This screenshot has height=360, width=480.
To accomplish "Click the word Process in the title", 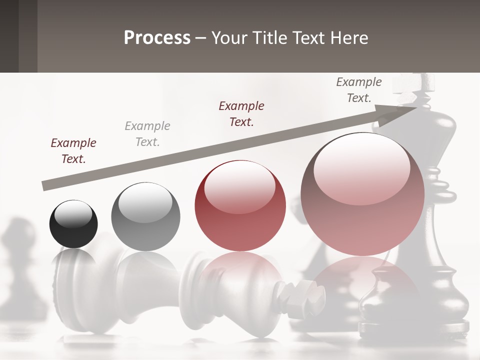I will [157, 37].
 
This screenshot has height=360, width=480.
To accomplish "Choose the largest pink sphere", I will [362, 195].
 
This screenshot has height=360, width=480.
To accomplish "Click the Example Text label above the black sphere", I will [73, 150].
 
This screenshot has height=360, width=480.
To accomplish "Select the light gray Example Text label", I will [147, 133].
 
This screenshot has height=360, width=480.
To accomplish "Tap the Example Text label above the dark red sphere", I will [241, 113].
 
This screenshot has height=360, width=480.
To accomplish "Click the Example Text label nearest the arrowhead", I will [359, 89].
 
